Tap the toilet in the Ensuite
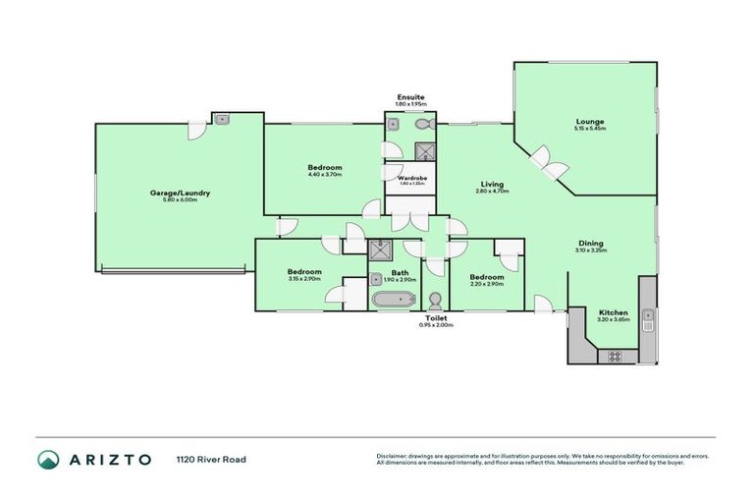pyautogui.click(x=423, y=126)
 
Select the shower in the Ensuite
pyautogui.click(x=426, y=151)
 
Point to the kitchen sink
pyautogui.click(x=648, y=316)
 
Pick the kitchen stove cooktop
pyautogui.click(x=616, y=354)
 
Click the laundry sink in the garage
pyautogui.click(x=224, y=120)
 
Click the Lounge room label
pyautogui.click(x=589, y=122)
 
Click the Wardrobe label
pyautogui.click(x=410, y=178)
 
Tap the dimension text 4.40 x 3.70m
pyautogui.click(x=325, y=175)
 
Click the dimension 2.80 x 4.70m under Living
pyautogui.click(x=492, y=191)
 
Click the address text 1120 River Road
pyautogui.click(x=211, y=459)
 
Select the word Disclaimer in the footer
pyautogui.click(x=394, y=456)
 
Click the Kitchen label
pyautogui.click(x=613, y=312)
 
